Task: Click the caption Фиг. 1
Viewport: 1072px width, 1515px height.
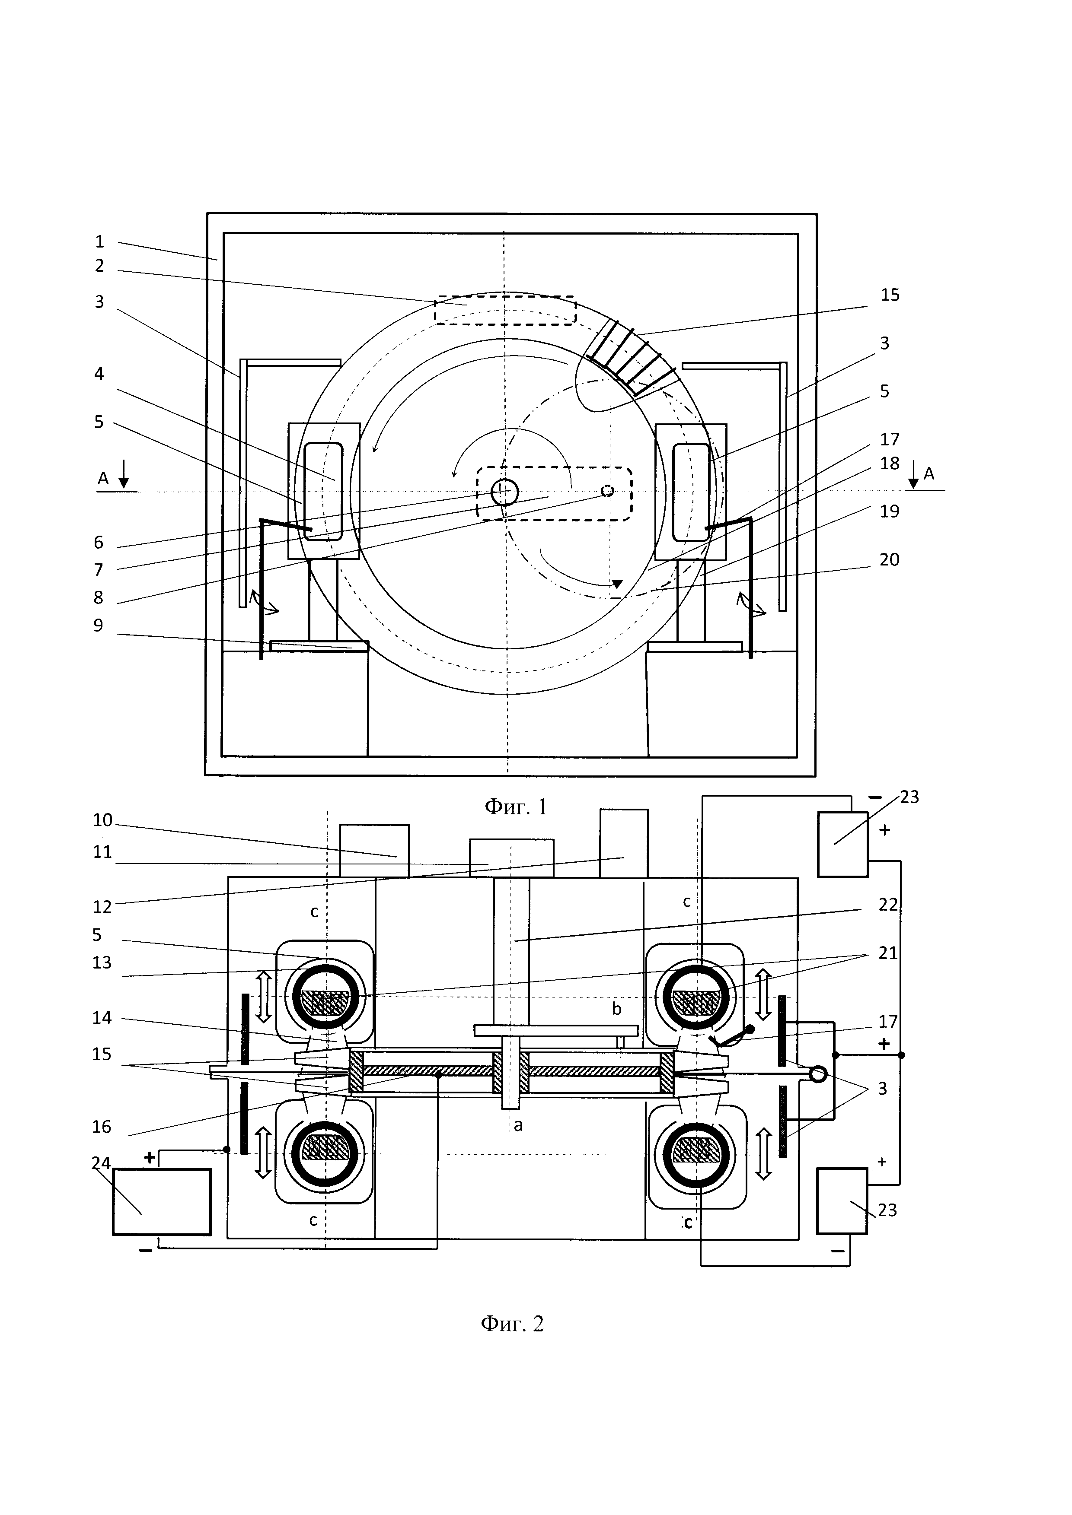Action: click(x=516, y=807)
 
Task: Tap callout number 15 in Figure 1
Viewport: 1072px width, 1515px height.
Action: click(x=890, y=295)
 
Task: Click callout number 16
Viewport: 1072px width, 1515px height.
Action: click(x=102, y=1126)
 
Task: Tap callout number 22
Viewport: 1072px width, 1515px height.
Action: click(x=888, y=904)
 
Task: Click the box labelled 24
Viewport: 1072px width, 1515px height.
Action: click(x=162, y=1201)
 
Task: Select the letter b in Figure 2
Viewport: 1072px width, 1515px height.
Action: click(x=616, y=1009)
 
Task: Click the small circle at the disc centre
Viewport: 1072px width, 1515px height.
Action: click(x=504, y=492)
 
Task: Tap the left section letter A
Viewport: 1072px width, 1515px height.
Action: click(x=103, y=478)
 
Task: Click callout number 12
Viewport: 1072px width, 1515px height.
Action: click(x=102, y=907)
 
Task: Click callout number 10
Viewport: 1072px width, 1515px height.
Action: click(x=102, y=820)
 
